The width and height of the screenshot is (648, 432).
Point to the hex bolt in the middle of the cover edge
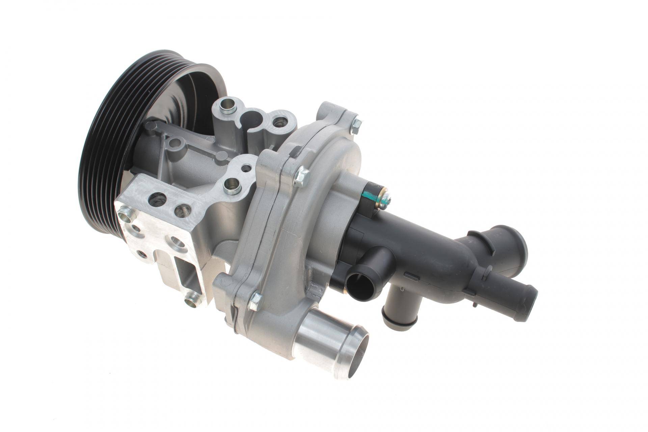(301, 176)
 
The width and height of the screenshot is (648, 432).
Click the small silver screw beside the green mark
(385, 200)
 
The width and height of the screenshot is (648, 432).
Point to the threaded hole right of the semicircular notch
(279, 122)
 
